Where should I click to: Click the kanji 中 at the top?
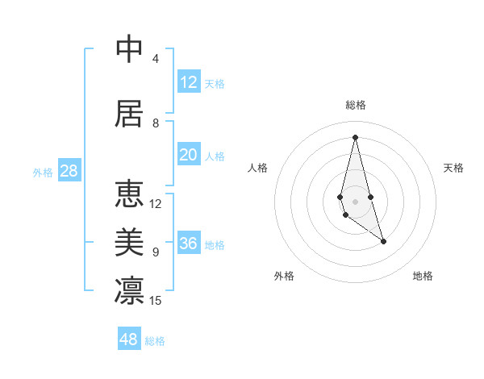(x=130, y=49)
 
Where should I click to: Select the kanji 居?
(x=130, y=113)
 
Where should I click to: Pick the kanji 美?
(x=130, y=242)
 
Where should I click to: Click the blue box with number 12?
(x=189, y=82)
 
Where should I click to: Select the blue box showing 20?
(x=189, y=155)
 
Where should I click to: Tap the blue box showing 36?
(x=189, y=244)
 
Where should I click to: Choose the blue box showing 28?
(x=69, y=171)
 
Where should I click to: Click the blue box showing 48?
(x=129, y=339)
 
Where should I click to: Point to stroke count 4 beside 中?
(x=156, y=59)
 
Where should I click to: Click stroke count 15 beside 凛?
(x=156, y=301)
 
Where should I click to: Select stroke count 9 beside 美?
(x=156, y=252)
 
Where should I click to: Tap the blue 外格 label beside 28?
(x=43, y=172)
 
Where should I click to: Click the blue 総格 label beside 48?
(x=155, y=341)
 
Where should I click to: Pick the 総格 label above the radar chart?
(x=356, y=105)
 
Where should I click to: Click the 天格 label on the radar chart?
(x=454, y=168)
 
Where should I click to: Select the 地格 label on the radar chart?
(x=423, y=276)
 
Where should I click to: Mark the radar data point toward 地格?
(x=383, y=241)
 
